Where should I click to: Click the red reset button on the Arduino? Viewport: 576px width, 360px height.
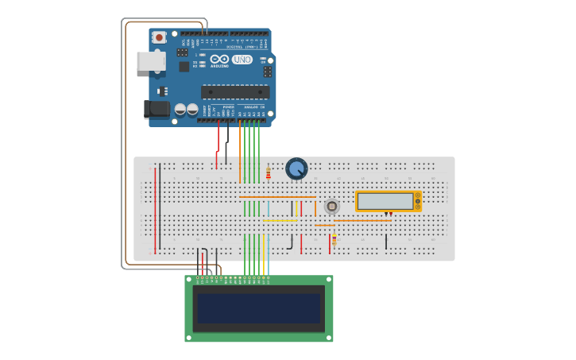(159, 37)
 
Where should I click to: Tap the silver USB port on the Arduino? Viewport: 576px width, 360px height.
(150, 61)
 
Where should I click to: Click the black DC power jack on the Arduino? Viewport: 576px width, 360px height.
(157, 109)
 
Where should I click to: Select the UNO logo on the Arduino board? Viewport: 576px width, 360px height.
(242, 60)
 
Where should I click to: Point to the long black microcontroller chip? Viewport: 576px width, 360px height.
(235, 91)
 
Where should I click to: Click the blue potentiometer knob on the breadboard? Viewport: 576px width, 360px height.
(296, 168)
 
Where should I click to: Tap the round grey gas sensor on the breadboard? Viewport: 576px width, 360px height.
(331, 207)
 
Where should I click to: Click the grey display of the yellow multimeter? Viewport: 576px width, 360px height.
(385, 201)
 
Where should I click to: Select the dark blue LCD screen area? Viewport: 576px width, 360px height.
(259, 308)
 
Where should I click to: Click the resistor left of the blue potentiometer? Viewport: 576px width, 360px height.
(269, 173)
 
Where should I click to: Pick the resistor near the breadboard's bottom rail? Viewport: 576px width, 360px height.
(334, 239)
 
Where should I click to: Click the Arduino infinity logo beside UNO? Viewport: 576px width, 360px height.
(220, 59)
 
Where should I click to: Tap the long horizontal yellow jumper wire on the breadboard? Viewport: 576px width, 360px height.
(280, 220)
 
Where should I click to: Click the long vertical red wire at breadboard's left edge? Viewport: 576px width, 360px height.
(155, 208)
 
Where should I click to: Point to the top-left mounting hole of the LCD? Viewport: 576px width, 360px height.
(189, 280)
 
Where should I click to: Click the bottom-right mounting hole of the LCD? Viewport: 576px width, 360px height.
(329, 338)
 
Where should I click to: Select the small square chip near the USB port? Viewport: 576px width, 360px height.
(184, 67)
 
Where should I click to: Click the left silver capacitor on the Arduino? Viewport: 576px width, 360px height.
(180, 109)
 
